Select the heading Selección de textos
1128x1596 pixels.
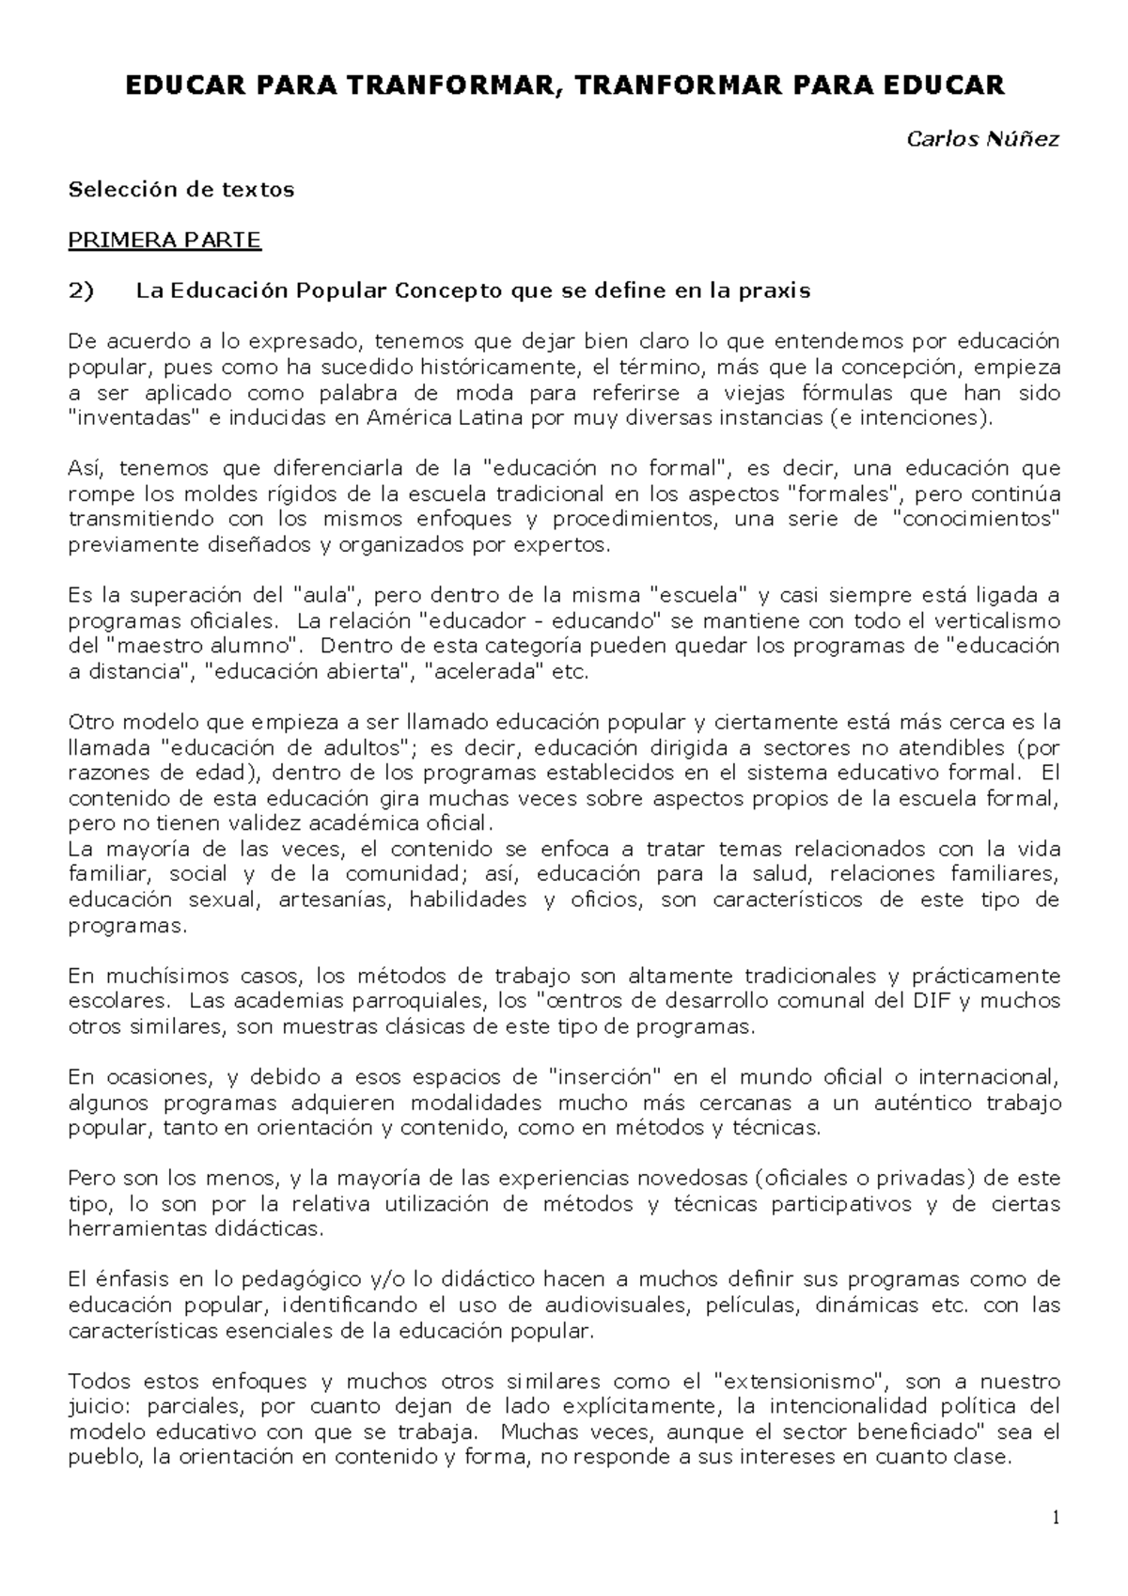(x=181, y=190)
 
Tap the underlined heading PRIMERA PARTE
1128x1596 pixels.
(x=164, y=241)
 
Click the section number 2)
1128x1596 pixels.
(x=82, y=291)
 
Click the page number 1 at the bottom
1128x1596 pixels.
(x=1056, y=1518)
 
